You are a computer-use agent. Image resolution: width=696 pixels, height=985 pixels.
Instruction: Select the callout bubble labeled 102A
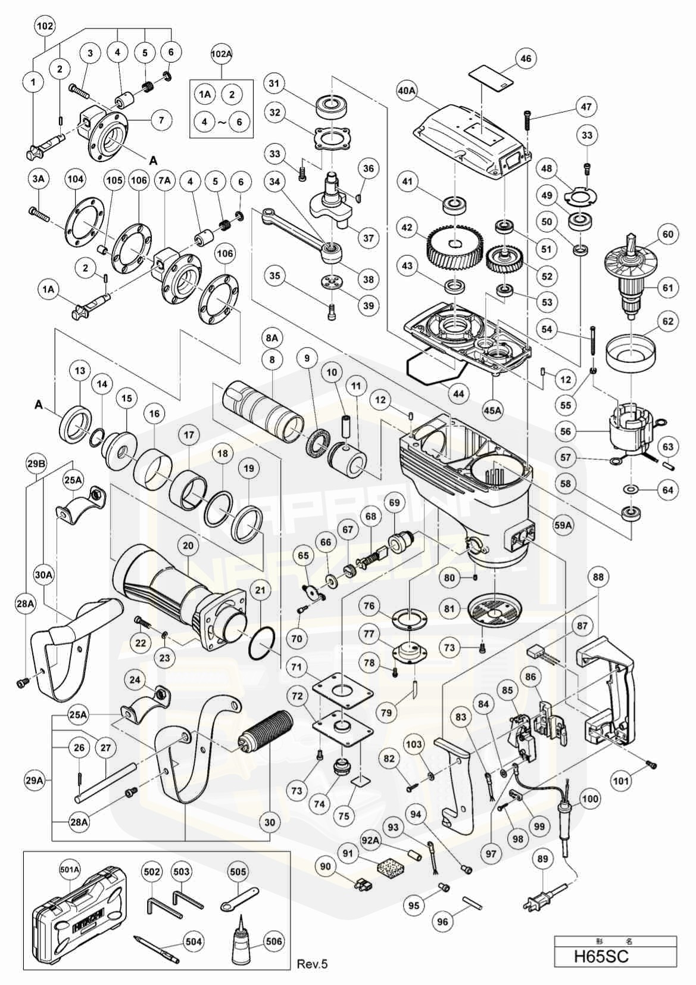[221, 54]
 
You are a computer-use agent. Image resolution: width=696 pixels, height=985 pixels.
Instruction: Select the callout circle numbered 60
[668, 234]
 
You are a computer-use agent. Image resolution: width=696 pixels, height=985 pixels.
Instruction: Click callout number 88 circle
[598, 577]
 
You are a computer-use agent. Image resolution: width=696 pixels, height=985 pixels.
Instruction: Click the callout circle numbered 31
[273, 83]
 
